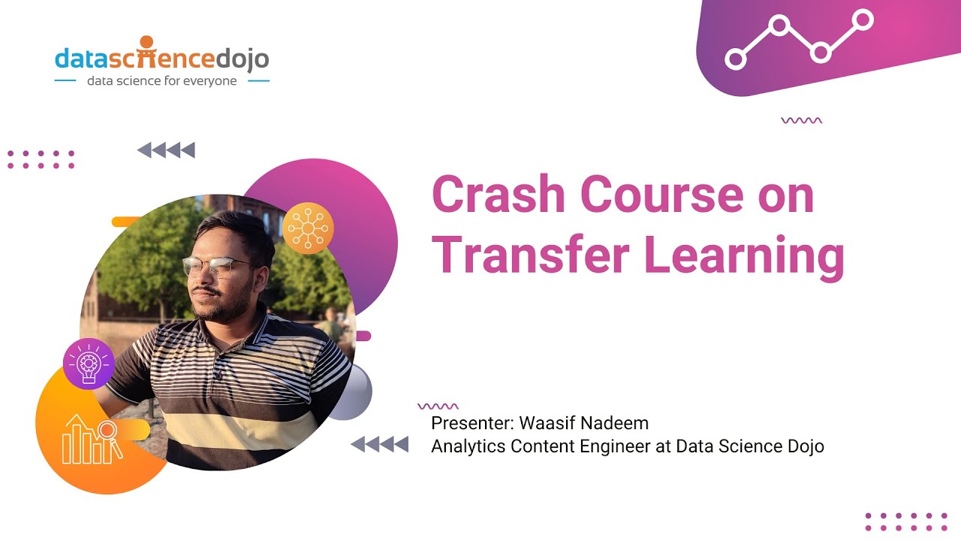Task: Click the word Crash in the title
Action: click(x=498, y=195)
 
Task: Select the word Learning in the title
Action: click(x=744, y=258)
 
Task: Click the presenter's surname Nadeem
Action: click(x=615, y=423)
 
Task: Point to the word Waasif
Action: click(x=547, y=423)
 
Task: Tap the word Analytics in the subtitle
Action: click(x=468, y=446)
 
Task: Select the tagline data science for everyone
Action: click(x=161, y=80)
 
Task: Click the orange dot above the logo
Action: click(x=146, y=41)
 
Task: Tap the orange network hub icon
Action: click(x=308, y=228)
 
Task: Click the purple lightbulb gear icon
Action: click(x=89, y=364)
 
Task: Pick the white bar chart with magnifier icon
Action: click(x=92, y=439)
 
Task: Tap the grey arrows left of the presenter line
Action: click(x=380, y=444)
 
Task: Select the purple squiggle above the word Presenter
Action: click(x=438, y=407)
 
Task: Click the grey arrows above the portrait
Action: click(x=166, y=150)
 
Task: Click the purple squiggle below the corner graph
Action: click(x=801, y=120)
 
